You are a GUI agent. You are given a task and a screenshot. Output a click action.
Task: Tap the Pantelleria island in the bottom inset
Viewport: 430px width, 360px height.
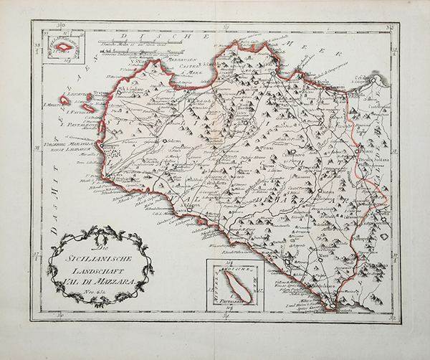click(x=234, y=285)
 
